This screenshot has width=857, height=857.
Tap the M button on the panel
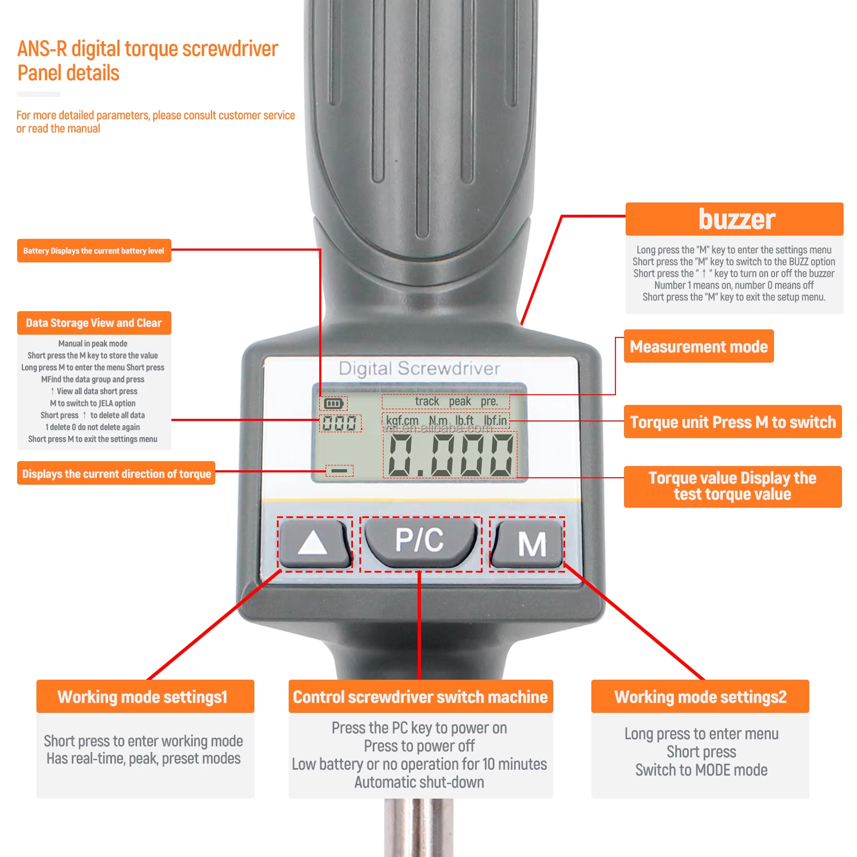(x=529, y=544)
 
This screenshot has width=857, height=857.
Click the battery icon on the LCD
(x=333, y=403)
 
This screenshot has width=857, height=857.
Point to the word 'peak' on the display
(x=460, y=401)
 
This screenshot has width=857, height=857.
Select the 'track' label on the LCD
(x=427, y=401)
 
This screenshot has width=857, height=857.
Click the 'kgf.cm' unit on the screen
(x=402, y=420)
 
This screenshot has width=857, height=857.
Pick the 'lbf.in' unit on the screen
(x=495, y=420)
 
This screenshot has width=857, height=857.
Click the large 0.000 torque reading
(x=450, y=455)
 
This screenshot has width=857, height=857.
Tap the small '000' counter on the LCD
(x=340, y=423)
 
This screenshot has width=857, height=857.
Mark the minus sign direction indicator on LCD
(x=340, y=471)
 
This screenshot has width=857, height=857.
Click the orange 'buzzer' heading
(x=734, y=219)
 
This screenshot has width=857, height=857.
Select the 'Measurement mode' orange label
(x=698, y=347)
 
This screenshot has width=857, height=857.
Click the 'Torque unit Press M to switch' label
(x=732, y=422)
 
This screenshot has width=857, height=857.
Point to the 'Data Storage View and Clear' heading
(x=94, y=323)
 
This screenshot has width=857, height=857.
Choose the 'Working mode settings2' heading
(x=700, y=696)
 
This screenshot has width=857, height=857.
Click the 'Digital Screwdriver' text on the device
(x=419, y=369)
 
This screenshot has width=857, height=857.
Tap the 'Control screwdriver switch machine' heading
(x=420, y=696)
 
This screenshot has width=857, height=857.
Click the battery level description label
(x=94, y=251)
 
